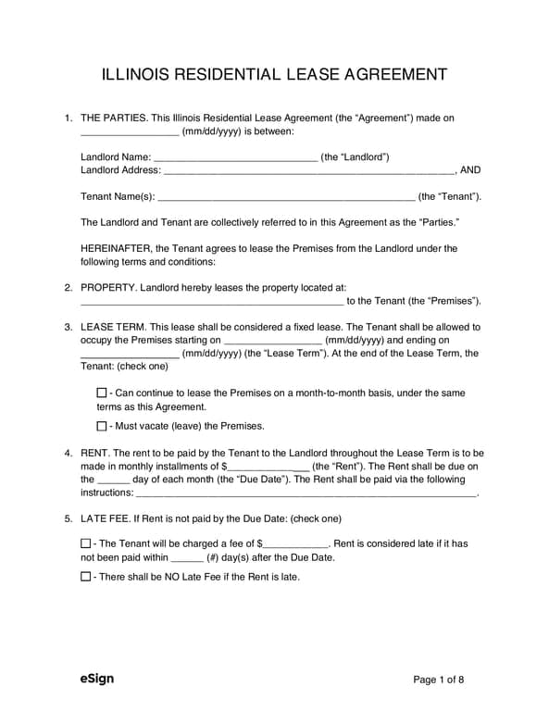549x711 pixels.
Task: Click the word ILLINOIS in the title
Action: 144,74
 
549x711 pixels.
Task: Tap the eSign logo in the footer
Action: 97,679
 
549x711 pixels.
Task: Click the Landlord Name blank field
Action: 235,157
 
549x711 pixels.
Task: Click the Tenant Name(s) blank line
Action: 287,197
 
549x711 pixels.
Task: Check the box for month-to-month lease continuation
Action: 102,393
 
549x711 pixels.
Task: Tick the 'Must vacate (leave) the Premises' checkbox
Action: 102,426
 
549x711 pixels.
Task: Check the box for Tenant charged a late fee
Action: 86,543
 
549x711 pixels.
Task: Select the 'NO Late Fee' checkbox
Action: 86,576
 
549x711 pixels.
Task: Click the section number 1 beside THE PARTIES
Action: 68,118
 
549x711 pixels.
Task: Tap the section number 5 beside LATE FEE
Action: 68,518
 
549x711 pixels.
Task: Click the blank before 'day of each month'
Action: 113,480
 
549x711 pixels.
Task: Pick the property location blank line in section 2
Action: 212,302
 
